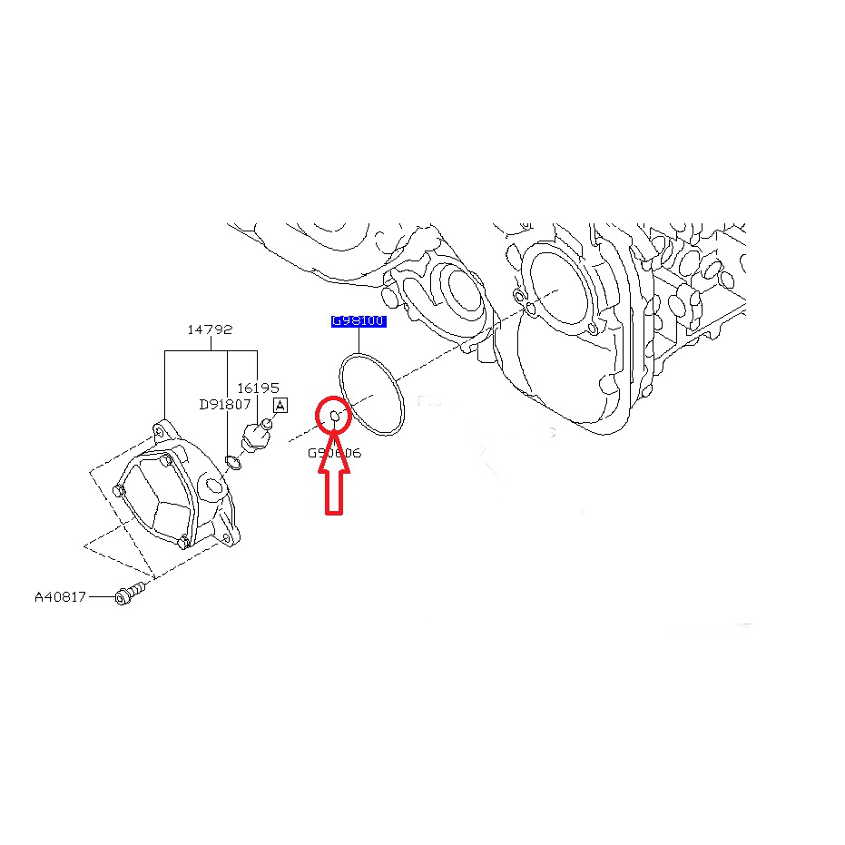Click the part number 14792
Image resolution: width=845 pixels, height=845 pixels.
click(211, 329)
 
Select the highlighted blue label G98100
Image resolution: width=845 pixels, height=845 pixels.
click(358, 321)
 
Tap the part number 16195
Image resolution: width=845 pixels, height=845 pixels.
click(258, 388)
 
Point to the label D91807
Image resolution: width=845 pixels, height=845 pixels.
click(225, 405)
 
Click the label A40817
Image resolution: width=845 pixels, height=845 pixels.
click(60, 596)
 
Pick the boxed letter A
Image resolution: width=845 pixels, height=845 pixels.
click(280, 406)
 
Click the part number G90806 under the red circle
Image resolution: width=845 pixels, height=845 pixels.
click(334, 452)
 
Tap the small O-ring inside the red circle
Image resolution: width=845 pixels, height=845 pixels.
click(334, 416)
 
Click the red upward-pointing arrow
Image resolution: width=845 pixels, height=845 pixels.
click(334, 481)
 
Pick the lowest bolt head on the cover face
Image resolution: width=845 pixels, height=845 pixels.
click(183, 543)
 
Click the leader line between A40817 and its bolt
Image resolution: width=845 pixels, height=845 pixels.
click(100, 596)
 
